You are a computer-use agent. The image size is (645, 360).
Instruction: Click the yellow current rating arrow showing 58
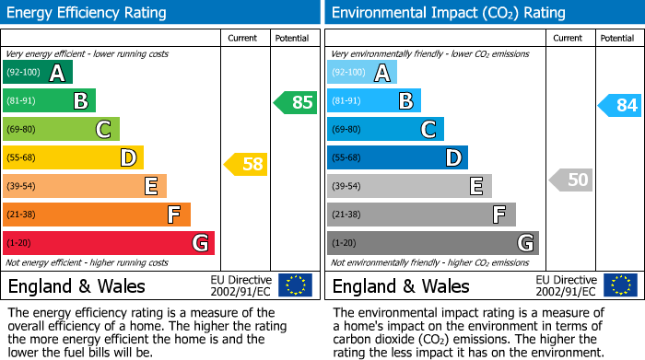tap(246, 165)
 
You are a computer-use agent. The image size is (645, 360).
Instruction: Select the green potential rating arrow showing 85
tap(296, 102)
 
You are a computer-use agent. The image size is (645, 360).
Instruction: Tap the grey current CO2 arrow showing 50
tap(570, 180)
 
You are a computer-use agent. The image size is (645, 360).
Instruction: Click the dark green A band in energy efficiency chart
tap(38, 73)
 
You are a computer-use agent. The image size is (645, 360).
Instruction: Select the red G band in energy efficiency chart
tap(109, 243)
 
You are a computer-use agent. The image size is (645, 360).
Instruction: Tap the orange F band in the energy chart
tap(97, 215)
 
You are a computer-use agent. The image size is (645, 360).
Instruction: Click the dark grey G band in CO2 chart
tap(433, 243)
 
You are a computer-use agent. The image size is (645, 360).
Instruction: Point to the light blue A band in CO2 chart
tap(362, 73)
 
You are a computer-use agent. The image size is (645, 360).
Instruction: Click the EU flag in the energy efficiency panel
tap(295, 285)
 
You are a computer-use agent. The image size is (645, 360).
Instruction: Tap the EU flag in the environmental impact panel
tap(620, 285)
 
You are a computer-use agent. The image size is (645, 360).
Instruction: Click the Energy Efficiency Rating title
tap(88, 13)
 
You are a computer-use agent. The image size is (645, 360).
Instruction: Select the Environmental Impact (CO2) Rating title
tap(448, 13)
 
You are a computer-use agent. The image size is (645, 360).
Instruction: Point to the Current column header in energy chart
tap(243, 38)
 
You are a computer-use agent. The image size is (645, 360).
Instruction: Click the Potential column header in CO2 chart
tap(617, 38)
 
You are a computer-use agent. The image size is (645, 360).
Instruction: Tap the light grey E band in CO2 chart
tap(409, 186)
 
